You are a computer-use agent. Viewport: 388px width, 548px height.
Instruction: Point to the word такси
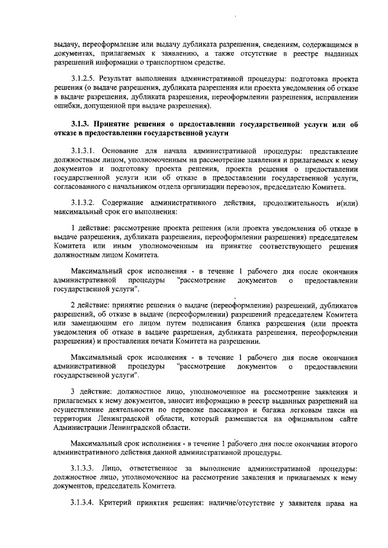point(349,410)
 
